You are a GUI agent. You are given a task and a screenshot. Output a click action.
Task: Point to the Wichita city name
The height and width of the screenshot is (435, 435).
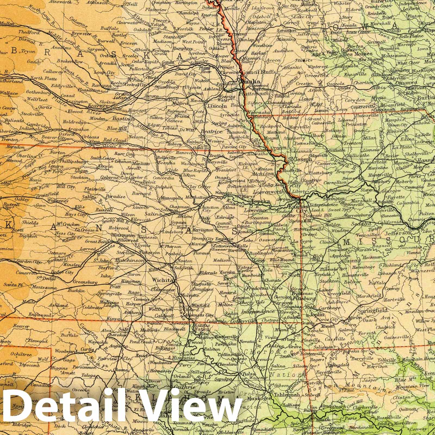(161, 280)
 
